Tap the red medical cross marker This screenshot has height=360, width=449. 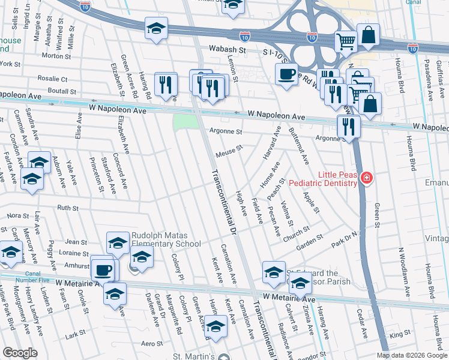(366, 179)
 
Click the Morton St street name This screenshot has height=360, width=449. (57, 56)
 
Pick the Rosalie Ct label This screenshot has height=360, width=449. (53, 79)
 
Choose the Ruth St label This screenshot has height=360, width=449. (68, 208)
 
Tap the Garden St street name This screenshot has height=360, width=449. (310, 242)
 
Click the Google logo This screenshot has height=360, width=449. (20, 353)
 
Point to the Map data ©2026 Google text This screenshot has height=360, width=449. (411, 355)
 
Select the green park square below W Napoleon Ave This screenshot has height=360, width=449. (185, 122)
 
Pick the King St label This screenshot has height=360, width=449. (396, 337)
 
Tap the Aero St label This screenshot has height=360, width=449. (152, 343)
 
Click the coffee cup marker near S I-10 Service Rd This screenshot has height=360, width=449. (286, 74)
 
